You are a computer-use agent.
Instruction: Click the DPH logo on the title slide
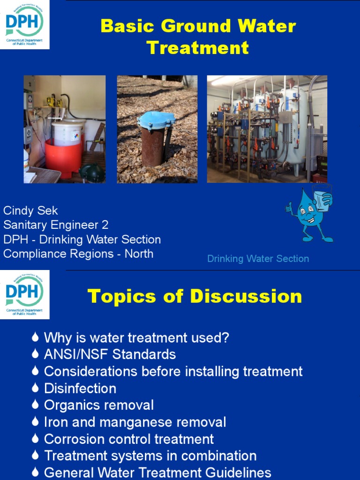(x=24, y=24)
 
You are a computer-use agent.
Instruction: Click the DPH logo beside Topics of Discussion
(x=24, y=294)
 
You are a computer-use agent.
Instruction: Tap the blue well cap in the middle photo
(x=156, y=120)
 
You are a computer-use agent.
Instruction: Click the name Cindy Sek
(x=30, y=210)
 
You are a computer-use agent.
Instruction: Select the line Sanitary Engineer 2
(x=56, y=225)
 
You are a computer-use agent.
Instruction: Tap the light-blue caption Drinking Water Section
(x=258, y=259)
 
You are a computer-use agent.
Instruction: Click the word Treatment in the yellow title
(x=198, y=48)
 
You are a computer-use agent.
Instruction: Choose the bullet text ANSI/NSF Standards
(x=110, y=354)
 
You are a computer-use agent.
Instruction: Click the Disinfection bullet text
(x=80, y=389)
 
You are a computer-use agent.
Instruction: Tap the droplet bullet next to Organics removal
(x=35, y=405)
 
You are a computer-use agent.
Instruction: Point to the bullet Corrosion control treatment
(x=129, y=439)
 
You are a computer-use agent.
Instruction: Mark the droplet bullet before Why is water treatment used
(x=35, y=337)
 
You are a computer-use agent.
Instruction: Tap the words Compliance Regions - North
(x=78, y=254)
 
